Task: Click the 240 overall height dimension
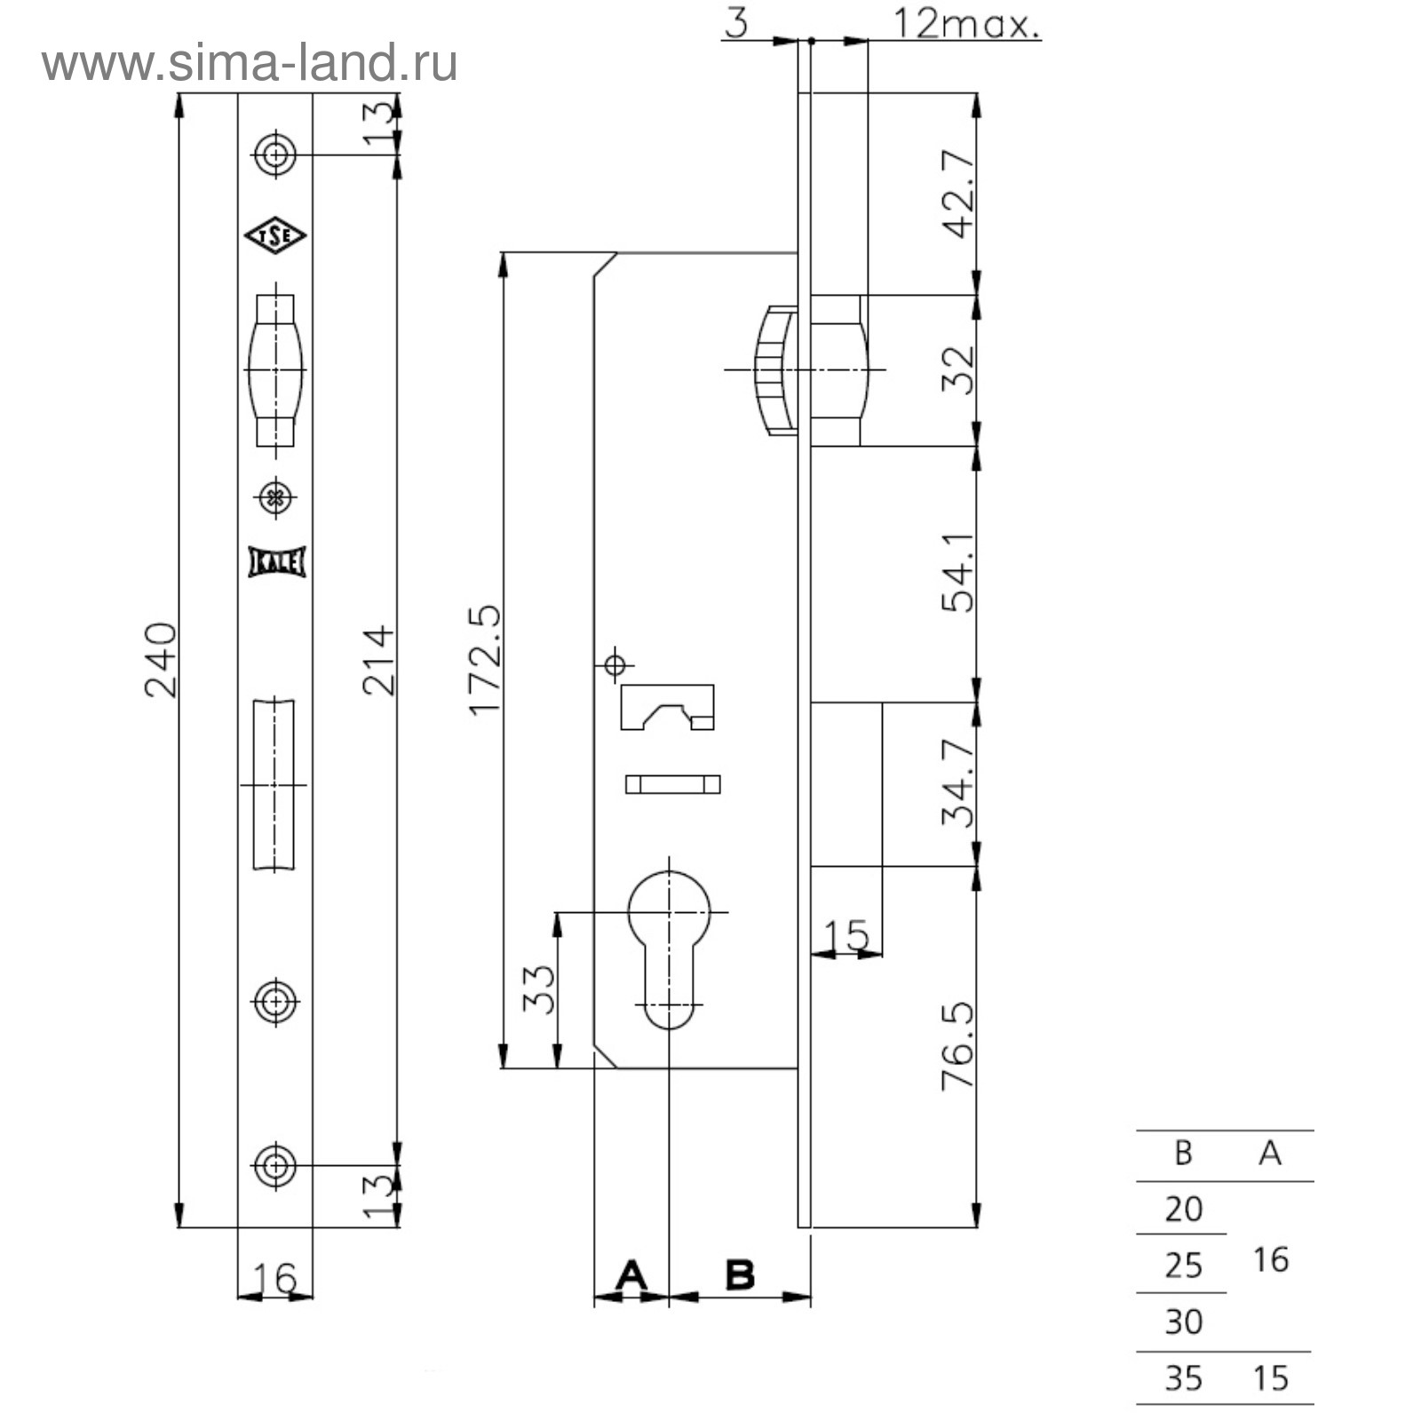click(x=162, y=660)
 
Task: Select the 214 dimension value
click(x=378, y=660)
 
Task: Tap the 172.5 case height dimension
click(x=486, y=660)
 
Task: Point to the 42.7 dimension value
click(x=959, y=194)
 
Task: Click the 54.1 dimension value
click(x=959, y=573)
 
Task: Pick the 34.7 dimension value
click(x=959, y=783)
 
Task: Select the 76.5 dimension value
click(x=959, y=1045)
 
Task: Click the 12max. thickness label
click(x=966, y=24)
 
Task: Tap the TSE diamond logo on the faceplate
click(x=275, y=235)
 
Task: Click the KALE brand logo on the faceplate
click(x=277, y=562)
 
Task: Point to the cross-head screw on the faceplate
click(x=275, y=496)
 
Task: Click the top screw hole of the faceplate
click(x=275, y=155)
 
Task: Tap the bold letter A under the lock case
click(x=631, y=1275)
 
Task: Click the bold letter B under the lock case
click(x=740, y=1275)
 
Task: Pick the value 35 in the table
click(x=1183, y=1377)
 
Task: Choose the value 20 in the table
click(x=1183, y=1209)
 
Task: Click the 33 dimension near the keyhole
click(x=538, y=989)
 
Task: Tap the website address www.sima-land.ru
click(x=250, y=63)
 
